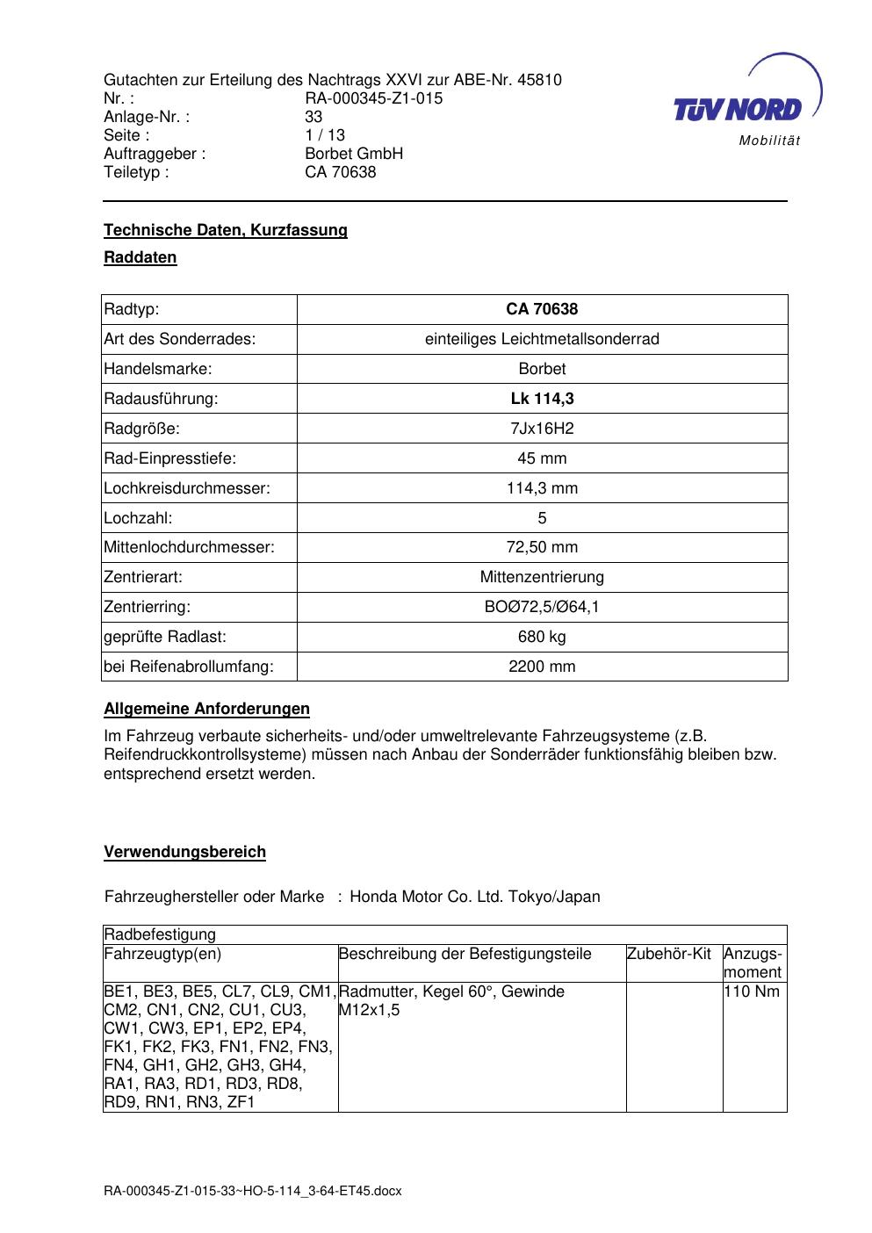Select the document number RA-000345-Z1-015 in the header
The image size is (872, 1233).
coord(373,98)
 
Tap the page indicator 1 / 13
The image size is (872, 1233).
coord(325,135)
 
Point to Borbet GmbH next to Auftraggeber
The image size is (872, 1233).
coord(354,154)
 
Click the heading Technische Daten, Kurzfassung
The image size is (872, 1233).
coord(226,230)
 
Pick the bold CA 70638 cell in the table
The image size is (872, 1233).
coord(542,309)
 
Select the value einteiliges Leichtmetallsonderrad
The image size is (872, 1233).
coord(542,339)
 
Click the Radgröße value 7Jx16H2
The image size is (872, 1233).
coord(542,429)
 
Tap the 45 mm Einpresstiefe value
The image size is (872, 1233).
coord(542,458)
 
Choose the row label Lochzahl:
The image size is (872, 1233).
coord(138,518)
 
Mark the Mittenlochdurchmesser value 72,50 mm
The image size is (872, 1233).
coord(542,548)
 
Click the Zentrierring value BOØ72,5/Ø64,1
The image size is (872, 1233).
coord(542,607)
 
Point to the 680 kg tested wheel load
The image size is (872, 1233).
coord(542,637)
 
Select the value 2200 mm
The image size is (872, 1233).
coord(542,667)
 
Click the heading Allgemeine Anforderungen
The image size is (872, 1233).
coord(206,709)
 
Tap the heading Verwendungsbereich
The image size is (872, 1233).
coord(184,852)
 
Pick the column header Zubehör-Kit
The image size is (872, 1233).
coord(669,954)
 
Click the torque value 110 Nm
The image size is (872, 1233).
coord(752,992)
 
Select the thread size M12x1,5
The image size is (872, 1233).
coord(369,1011)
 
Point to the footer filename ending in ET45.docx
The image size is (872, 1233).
coord(253,1191)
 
